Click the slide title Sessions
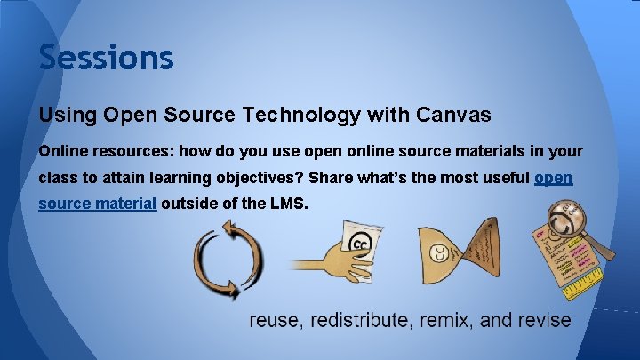106,58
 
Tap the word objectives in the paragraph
259,178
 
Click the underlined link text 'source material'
98,204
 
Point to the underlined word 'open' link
553,178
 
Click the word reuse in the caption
273,320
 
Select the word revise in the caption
544,320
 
